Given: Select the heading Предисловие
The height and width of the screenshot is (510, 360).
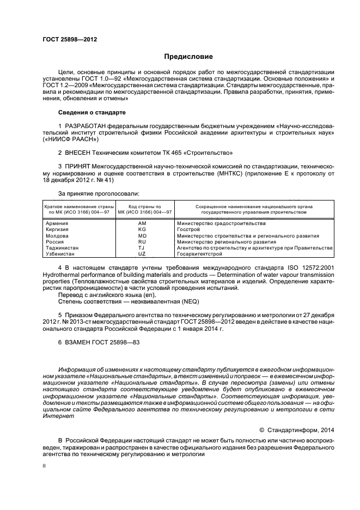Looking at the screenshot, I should [188, 57].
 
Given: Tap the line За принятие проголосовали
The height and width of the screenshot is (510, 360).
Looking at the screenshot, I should [99, 193].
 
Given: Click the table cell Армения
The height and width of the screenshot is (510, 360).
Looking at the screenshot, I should [57, 224].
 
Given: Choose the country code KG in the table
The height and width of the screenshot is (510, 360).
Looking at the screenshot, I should [142, 230].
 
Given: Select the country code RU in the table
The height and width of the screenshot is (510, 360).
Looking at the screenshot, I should [142, 241].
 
